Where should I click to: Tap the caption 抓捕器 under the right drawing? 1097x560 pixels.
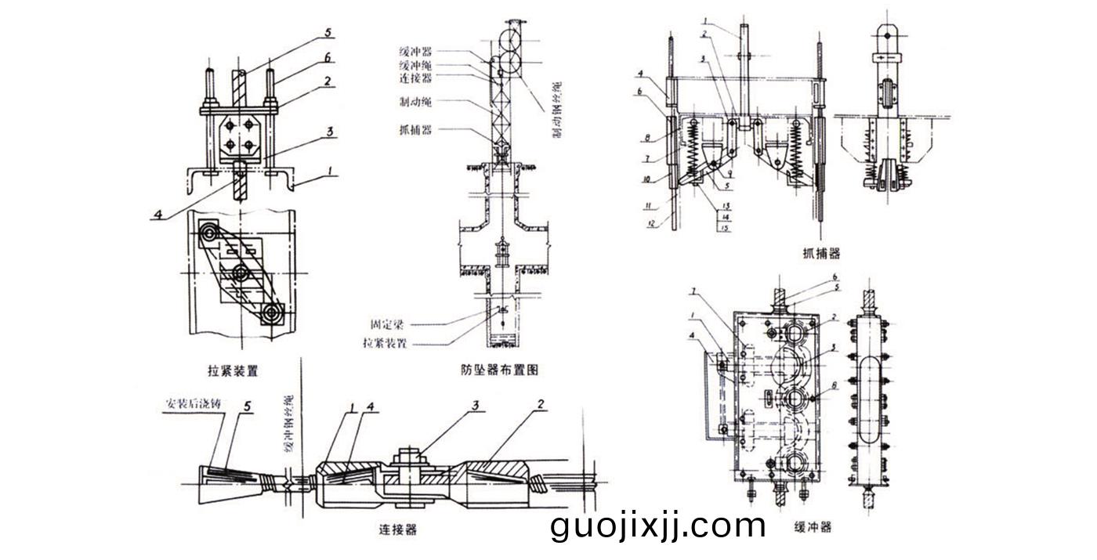click(x=821, y=253)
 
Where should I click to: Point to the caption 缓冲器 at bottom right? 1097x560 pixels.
click(x=812, y=527)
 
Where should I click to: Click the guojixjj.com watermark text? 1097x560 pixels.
click(x=658, y=526)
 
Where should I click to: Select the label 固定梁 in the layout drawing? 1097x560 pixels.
click(x=389, y=323)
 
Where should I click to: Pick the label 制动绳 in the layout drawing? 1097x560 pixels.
click(x=414, y=102)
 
